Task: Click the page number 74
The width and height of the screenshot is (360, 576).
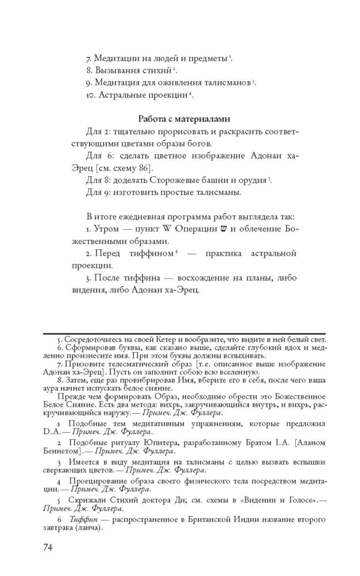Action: (x=48, y=546)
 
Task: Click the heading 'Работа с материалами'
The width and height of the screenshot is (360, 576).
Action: (x=184, y=119)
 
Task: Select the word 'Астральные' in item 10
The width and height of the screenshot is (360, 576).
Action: (x=122, y=95)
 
